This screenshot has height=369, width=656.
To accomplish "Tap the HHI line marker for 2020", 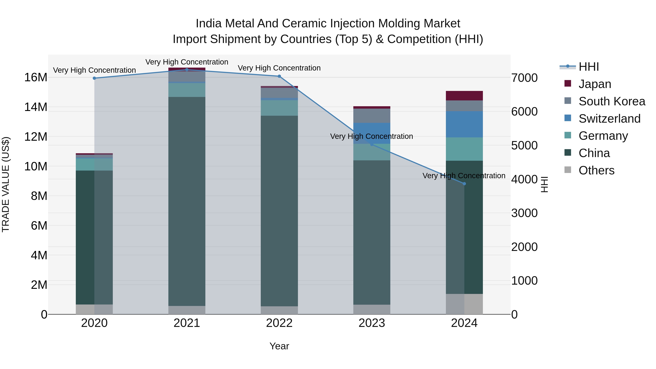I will pos(94,78).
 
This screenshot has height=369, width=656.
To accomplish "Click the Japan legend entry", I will pos(594,84).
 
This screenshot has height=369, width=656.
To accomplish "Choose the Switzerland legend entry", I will pos(609,119).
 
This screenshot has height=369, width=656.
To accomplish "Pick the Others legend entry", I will pos(596,170).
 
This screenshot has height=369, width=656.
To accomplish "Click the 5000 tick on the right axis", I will pos(524,146).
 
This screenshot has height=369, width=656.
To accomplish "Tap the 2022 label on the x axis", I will pos(279,323).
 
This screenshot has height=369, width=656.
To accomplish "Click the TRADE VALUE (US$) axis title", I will pos(6,184).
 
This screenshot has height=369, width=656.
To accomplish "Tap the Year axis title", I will pos(279,346).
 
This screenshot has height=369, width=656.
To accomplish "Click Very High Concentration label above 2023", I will pos(371,136).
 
